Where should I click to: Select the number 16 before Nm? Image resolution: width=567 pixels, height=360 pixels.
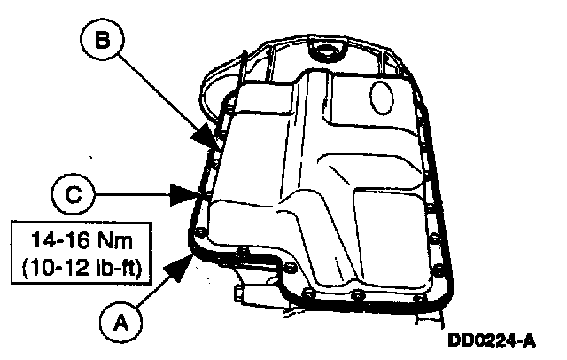pos(70,239)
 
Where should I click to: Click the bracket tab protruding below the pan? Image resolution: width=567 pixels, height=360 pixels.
pos(244,292)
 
